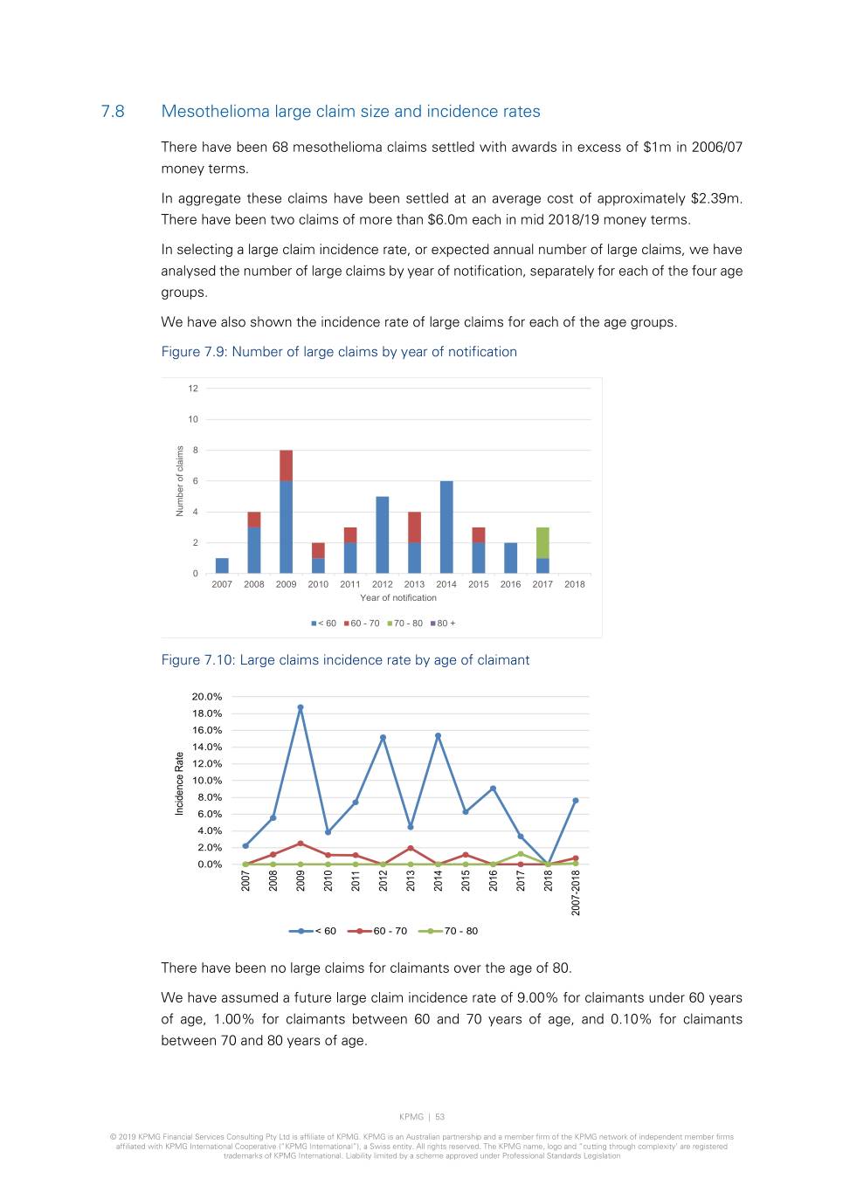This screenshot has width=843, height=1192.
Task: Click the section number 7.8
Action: pos(113,112)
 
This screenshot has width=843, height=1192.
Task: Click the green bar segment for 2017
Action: pos(542,542)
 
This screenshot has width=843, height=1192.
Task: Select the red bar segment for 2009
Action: pos(286,465)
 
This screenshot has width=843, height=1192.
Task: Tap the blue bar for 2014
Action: pos(446,527)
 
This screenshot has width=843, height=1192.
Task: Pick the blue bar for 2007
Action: pos(222,565)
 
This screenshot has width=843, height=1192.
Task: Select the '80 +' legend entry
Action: pos(444,624)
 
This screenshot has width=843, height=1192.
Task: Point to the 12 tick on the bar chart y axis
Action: pos(193,389)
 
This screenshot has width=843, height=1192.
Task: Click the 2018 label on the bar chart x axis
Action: pos(575,584)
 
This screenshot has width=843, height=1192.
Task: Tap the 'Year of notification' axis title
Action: pos(398,598)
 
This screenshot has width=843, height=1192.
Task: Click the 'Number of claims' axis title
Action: pos(180,481)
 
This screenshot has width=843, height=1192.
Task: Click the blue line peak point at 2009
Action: pos(301,707)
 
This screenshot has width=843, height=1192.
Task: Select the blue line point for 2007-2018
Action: pos(576,800)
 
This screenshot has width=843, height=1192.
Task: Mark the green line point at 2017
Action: pos(521,854)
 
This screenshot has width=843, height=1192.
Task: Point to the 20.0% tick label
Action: pos(207,697)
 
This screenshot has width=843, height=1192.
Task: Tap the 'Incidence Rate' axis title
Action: pos(179,783)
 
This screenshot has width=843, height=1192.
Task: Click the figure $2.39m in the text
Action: pos(715,198)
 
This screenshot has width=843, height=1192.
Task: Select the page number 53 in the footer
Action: pos(440,1117)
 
